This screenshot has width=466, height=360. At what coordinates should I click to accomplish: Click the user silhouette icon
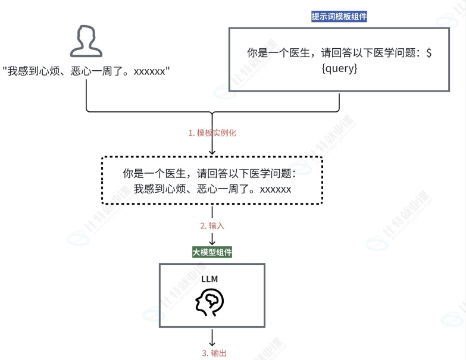point(86,41)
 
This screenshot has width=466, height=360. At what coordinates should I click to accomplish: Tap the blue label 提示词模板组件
point(339,17)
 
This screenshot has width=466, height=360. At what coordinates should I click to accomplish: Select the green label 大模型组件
point(212,252)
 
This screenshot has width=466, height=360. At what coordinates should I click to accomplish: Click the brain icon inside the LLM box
point(209,302)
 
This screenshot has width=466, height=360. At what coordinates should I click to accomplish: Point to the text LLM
point(209,278)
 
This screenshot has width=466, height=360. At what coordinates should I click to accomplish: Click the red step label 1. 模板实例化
point(212,133)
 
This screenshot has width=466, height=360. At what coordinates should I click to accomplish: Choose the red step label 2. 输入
point(212,226)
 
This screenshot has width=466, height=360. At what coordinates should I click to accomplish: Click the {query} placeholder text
point(339,68)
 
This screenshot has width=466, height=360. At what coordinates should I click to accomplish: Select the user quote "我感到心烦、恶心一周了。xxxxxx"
point(86,71)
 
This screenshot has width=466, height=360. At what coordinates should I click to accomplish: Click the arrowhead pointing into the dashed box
point(212,153)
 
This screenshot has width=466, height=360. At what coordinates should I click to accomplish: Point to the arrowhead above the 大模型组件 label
point(212,242)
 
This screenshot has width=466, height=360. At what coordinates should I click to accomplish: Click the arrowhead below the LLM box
point(212,343)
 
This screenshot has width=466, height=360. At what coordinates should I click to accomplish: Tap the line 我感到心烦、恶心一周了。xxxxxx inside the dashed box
point(212,189)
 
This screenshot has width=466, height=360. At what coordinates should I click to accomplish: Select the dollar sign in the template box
point(429,53)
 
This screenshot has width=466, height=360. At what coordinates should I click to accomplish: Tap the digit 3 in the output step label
point(204,353)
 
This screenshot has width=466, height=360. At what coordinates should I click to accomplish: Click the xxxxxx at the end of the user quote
point(150,71)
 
